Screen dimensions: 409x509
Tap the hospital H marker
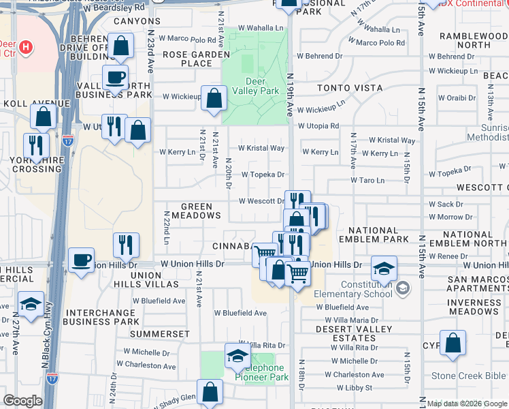[x=25, y=47]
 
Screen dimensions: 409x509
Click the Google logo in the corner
[x=22, y=401]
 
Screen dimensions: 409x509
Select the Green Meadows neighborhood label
[x=201, y=211]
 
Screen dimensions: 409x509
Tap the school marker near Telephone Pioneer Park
[x=237, y=355]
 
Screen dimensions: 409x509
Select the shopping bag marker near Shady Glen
[x=210, y=392]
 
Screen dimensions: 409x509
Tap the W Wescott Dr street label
[x=261, y=201]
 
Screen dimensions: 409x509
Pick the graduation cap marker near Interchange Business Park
[x=31, y=304]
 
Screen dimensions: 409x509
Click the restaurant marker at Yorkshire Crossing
[x=36, y=145]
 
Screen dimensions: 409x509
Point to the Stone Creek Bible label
[x=469, y=376]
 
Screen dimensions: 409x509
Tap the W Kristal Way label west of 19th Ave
[x=261, y=148]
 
